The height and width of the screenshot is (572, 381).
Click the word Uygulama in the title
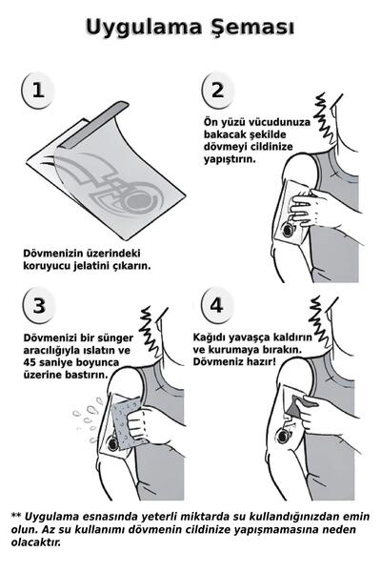click(141, 27)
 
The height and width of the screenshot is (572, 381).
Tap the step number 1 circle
click(37, 91)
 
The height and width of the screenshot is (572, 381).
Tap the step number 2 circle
click(217, 91)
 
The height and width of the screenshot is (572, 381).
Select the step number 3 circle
click(37, 306)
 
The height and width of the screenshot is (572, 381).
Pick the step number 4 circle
click(217, 306)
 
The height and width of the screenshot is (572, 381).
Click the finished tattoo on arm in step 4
click(283, 435)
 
